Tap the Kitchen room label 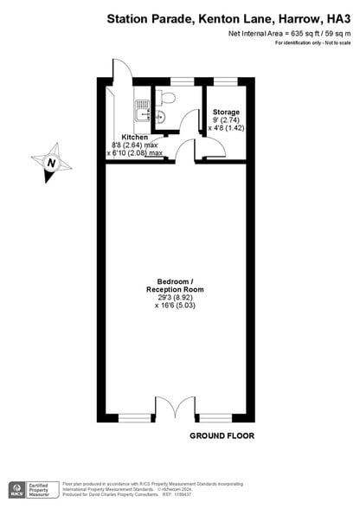[134, 138]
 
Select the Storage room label [226, 111]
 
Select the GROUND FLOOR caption [222, 436]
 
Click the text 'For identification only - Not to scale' [312, 43]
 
